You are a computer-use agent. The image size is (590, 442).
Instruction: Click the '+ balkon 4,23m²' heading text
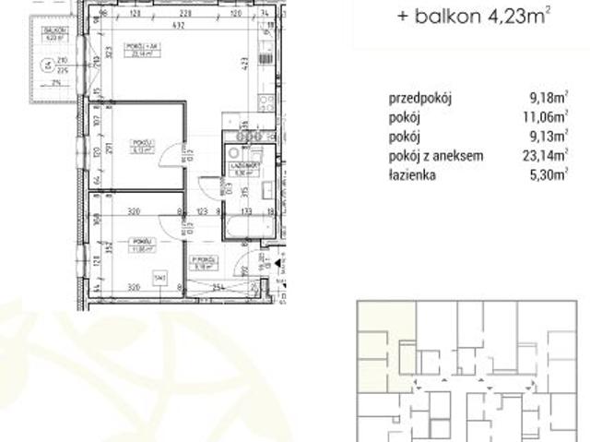(x=474, y=15)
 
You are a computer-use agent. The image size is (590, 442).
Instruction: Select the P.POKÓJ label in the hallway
(x=202, y=259)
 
